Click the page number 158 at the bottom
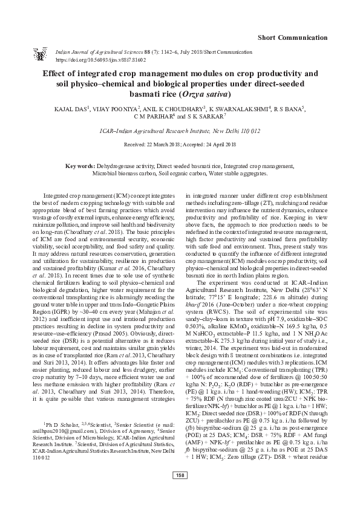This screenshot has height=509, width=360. tap(180, 491)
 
